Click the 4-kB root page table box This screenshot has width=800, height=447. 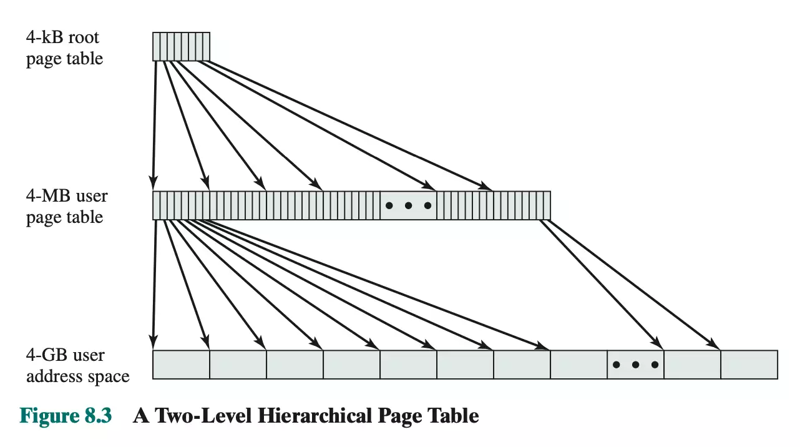coord(181,47)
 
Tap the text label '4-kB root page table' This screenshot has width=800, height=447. coord(64,48)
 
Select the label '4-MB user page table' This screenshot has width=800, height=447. coord(66,207)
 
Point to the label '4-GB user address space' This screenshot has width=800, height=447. coord(77,366)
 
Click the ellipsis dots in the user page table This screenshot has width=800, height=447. coord(408,205)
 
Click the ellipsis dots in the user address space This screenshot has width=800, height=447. coord(635,365)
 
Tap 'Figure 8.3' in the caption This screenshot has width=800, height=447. coord(66,416)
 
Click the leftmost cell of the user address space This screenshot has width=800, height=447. coord(181,365)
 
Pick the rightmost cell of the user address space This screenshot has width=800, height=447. coord(749,365)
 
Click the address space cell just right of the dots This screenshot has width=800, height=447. coord(692,365)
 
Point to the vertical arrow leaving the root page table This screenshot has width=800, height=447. coord(154,125)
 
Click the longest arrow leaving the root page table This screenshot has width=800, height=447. coord(349,125)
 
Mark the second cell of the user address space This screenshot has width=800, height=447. coord(238,365)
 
